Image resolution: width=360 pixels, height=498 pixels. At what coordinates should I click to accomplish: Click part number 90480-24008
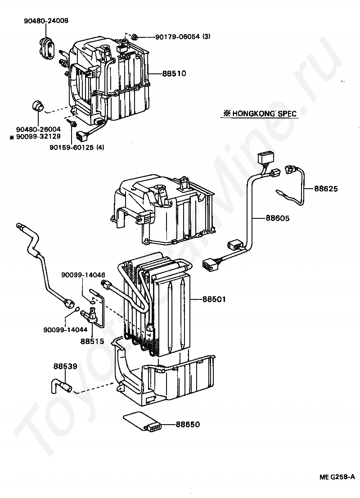46,21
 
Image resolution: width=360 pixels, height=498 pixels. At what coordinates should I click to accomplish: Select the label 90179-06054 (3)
183,36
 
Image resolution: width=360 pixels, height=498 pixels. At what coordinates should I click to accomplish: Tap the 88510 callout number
174,74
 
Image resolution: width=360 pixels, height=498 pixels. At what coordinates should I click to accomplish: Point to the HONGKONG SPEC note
260,113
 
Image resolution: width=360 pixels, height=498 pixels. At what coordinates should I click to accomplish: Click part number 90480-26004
38,130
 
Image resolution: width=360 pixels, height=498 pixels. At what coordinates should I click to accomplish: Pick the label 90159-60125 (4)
76,147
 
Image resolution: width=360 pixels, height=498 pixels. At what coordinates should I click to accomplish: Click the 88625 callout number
326,189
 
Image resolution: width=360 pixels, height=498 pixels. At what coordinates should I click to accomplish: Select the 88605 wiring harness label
278,218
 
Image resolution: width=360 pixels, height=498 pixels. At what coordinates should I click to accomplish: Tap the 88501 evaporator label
214,299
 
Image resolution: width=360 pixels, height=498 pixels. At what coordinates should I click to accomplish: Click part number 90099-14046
83,275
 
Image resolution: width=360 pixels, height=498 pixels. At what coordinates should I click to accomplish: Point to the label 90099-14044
65,330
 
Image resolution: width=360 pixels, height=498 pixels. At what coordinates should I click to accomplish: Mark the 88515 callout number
92,341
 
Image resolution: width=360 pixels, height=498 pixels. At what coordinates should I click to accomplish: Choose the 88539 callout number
65,366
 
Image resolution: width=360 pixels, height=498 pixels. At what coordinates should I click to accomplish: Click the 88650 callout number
188,424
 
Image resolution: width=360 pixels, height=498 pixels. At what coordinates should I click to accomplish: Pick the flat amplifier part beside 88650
142,422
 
